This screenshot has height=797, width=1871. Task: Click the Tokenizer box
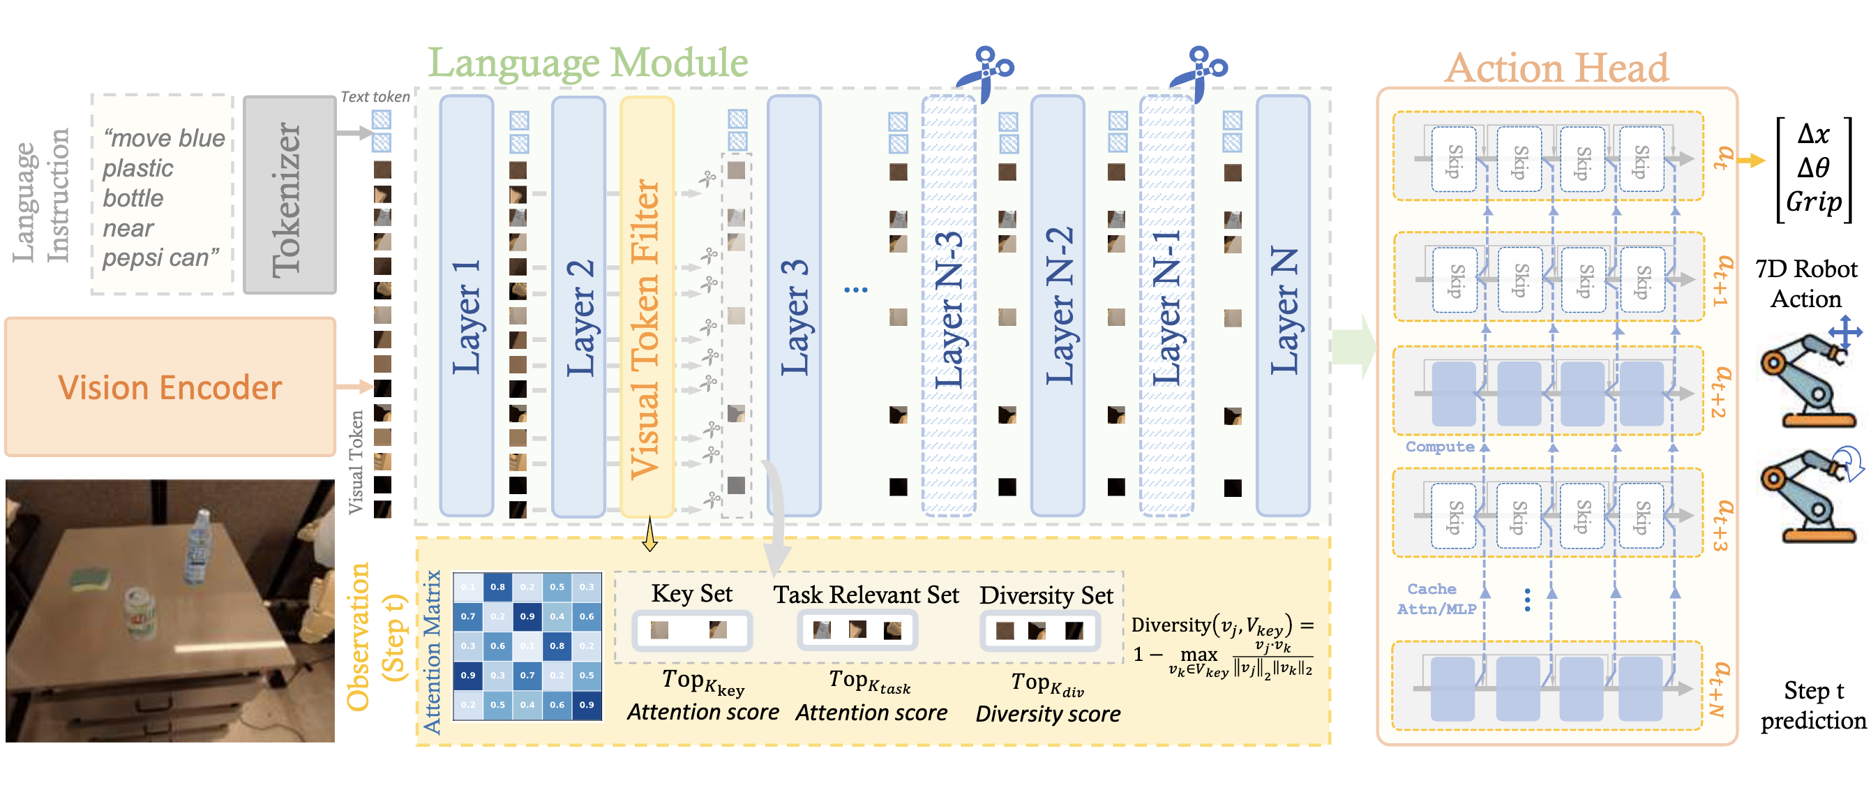[289, 195]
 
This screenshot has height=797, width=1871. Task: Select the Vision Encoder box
[170, 387]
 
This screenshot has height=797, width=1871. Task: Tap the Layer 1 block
[466, 305]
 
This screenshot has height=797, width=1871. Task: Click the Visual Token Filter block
[647, 305]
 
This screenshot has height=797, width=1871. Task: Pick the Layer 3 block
[794, 305]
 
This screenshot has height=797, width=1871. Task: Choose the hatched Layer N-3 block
[949, 305]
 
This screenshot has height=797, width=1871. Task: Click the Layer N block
[1283, 305]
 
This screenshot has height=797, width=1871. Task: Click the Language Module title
[587, 63]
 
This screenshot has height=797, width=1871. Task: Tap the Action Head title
[1556, 68]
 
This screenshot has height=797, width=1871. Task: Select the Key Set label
[691, 594]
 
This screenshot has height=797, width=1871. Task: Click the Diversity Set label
[1046, 595]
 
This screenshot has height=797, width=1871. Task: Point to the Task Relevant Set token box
[857, 630]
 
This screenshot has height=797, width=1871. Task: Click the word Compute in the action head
[1439, 446]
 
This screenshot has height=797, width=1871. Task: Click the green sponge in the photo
[91, 579]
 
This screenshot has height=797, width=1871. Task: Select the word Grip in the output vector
[1814, 201]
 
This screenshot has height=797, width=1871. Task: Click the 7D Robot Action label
[1805, 283]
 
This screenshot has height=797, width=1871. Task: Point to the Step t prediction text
[1813, 705]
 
